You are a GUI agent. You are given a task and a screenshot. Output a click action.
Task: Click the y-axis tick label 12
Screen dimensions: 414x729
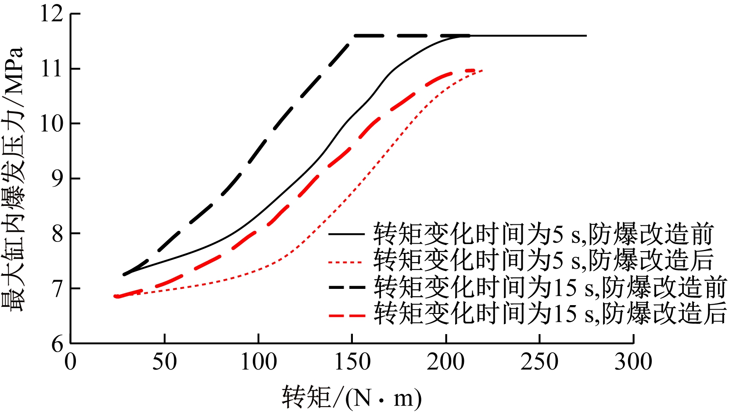pyautogui.click(x=52, y=14)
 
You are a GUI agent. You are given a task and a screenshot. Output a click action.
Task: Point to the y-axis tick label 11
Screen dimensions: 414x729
pyautogui.click(x=52, y=69)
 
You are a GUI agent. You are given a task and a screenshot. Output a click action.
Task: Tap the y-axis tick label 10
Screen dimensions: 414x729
pyautogui.click(x=52, y=124)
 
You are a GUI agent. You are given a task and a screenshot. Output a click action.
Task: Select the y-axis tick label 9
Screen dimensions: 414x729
pyautogui.click(x=57, y=179)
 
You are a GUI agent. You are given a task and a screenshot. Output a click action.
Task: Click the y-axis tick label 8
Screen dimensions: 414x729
pyautogui.click(x=57, y=234)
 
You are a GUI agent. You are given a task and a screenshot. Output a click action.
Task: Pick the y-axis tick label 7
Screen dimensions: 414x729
pyautogui.click(x=57, y=288)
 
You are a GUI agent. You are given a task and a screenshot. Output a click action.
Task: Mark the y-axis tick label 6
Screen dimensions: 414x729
pyautogui.click(x=57, y=343)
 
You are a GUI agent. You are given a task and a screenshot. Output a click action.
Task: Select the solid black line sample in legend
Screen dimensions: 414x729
pyautogui.click(x=347, y=234)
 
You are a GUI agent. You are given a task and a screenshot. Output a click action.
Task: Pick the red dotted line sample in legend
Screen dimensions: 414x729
pyautogui.click(x=347, y=263)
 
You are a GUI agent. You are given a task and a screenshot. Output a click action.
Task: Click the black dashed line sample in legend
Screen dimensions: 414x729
pyautogui.click(x=347, y=288)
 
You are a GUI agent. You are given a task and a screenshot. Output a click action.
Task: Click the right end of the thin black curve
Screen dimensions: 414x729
pyautogui.click(x=586, y=36)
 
